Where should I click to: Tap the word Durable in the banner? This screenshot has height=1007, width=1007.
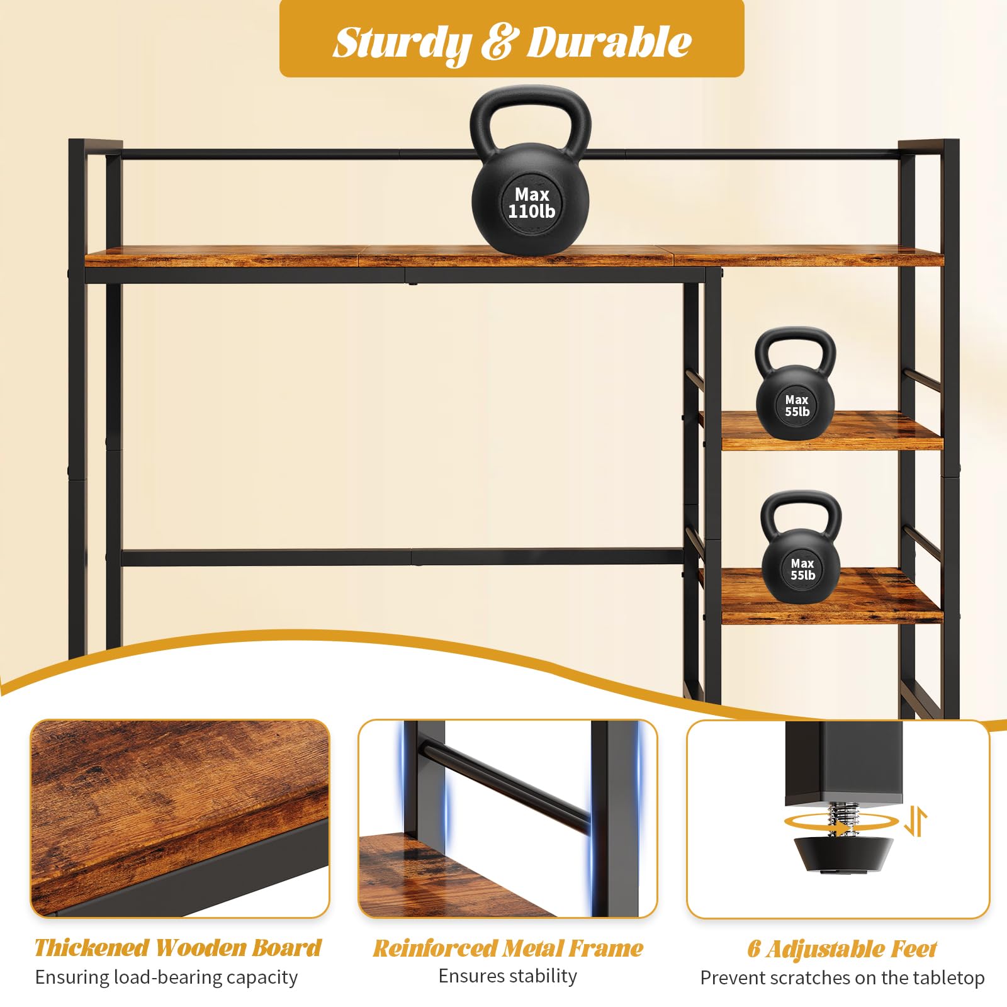click(x=609, y=42)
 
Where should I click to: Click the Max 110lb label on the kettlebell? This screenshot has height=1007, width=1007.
click(x=532, y=203)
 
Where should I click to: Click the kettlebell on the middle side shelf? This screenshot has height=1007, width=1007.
click(x=796, y=383)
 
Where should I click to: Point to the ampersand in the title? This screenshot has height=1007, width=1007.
click(x=500, y=42)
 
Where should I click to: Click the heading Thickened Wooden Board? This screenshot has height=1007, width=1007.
click(x=178, y=948)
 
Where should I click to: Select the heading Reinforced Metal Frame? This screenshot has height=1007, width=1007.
click(x=509, y=948)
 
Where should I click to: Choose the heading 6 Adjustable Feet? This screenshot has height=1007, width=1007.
click(x=842, y=949)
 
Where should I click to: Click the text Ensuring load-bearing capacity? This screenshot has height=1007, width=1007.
click(x=167, y=977)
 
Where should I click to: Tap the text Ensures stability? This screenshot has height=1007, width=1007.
click(x=508, y=976)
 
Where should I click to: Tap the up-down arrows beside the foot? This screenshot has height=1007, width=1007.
click(x=916, y=822)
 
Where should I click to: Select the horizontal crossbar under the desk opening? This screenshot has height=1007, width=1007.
click(x=403, y=558)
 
